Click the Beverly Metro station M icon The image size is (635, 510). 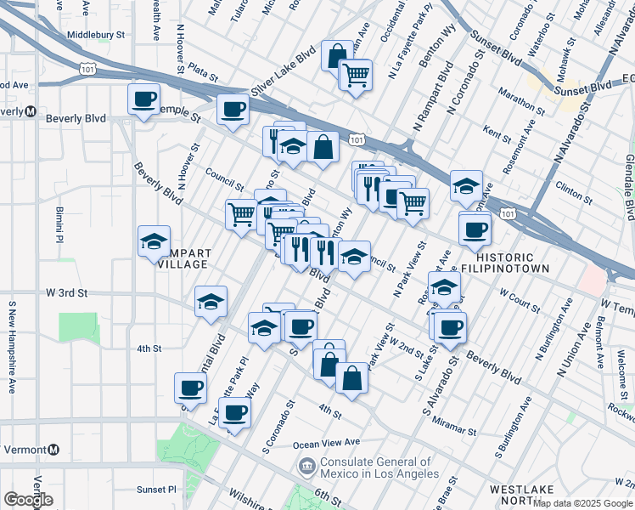pyautogui.click(x=30, y=111)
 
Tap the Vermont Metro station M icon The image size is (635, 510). pyautogui.click(x=54, y=450)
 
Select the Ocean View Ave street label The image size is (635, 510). pyautogui.click(x=327, y=444)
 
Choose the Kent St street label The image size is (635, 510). pyautogui.click(x=496, y=133)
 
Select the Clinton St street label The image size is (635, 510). pyautogui.click(x=573, y=191)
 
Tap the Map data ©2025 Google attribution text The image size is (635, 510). pyautogui.click(x=582, y=503)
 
